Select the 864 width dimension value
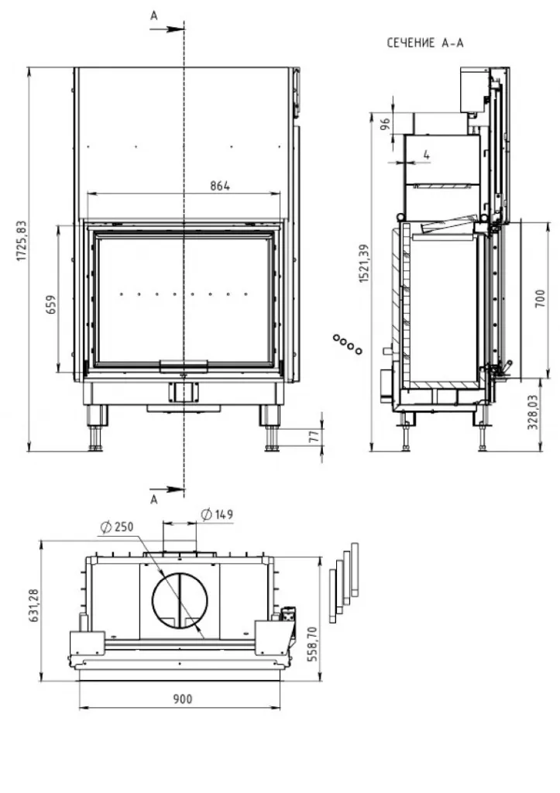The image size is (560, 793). (220, 186)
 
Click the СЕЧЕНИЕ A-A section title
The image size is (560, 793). (425, 43)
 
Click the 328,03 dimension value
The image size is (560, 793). (541, 414)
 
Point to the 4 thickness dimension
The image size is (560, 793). (427, 155)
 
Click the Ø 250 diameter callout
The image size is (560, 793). (117, 527)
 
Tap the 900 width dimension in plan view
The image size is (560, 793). (182, 699)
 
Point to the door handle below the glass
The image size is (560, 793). (183, 364)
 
